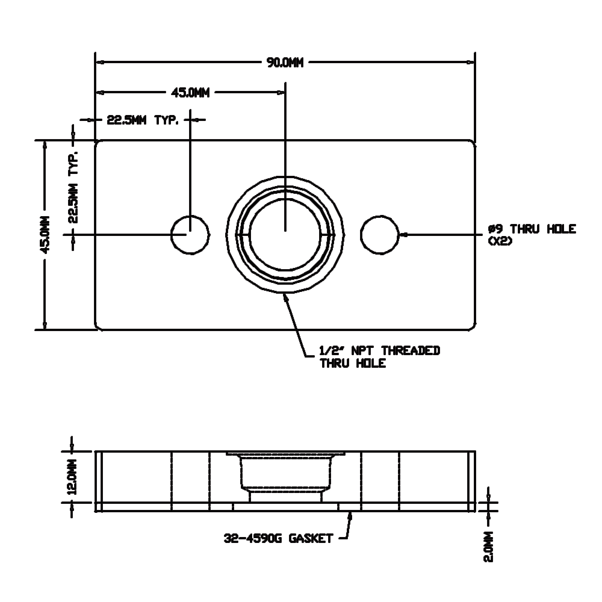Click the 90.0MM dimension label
coord(285,62)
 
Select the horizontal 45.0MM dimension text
coord(190,93)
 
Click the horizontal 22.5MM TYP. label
coord(143,120)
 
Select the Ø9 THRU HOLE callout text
coord(532,229)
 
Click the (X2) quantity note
coord(501,241)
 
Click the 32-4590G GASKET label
coord(278,538)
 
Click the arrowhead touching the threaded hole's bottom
coord(287,297)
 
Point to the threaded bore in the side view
coord(285,476)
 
